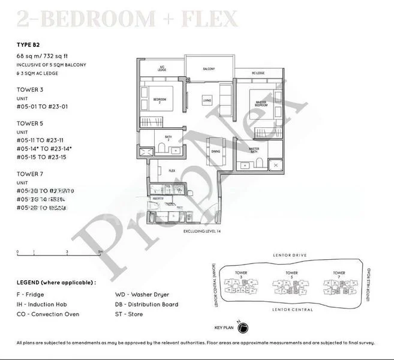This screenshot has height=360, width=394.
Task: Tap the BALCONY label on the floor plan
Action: (209, 68)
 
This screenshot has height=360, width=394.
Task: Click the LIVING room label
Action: (207, 100)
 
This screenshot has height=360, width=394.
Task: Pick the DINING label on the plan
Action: (215, 151)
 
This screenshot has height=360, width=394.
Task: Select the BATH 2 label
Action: (168, 145)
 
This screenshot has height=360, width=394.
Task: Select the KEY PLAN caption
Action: (223, 328)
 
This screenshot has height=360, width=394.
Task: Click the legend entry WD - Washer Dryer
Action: (142, 295)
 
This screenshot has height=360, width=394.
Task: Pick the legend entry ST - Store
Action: (128, 314)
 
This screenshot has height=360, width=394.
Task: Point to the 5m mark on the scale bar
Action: (100, 252)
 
